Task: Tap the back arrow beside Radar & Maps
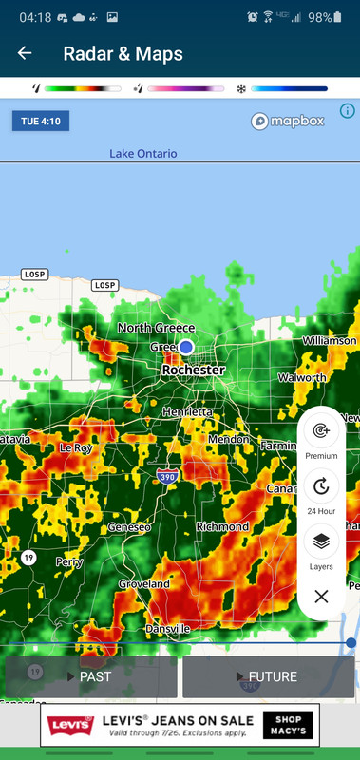tap(25, 54)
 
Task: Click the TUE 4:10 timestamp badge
tap(40, 122)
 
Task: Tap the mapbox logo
tap(288, 122)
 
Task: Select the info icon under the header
tap(347, 111)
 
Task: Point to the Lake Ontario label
tap(142, 154)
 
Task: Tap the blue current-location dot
tap(186, 348)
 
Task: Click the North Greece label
tap(156, 328)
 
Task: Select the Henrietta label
tap(188, 412)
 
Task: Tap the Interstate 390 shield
tap(166, 476)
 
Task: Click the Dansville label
tap(167, 629)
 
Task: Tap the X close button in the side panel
tap(321, 597)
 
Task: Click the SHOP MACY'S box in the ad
tap(289, 726)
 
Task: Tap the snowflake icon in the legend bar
tap(241, 88)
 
